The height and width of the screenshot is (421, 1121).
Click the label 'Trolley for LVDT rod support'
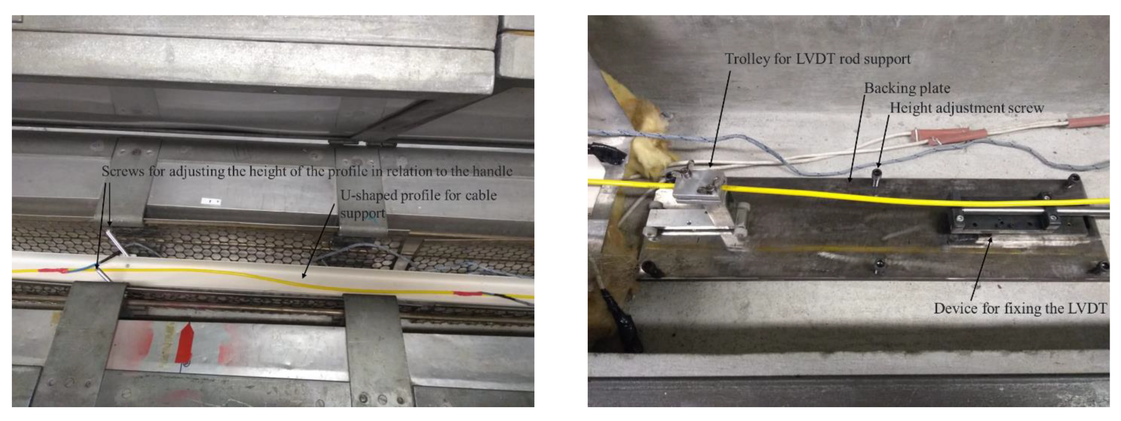tap(817, 59)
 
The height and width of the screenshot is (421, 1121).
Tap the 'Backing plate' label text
tap(907, 89)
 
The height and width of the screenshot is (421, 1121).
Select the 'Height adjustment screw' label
tap(967, 108)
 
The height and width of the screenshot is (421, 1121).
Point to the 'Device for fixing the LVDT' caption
tap(1020, 309)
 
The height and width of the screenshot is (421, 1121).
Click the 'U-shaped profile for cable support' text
tap(418, 204)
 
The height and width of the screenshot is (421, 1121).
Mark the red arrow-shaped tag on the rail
tap(184, 343)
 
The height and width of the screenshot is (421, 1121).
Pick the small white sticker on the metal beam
tap(211, 202)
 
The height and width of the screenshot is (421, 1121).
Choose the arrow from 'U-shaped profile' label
tap(319, 241)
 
